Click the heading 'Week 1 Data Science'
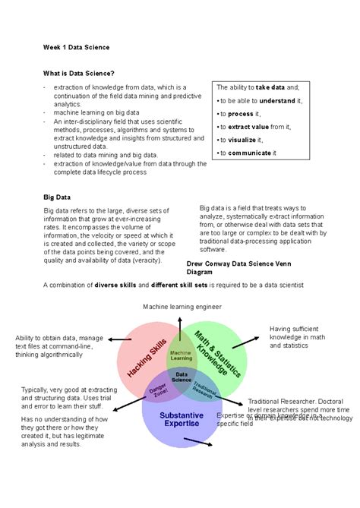pos(76,47)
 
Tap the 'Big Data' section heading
pos(57,196)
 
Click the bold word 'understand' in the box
pos(276,100)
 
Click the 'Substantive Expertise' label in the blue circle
pos(180,419)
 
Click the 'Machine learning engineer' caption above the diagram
pos(182,306)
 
